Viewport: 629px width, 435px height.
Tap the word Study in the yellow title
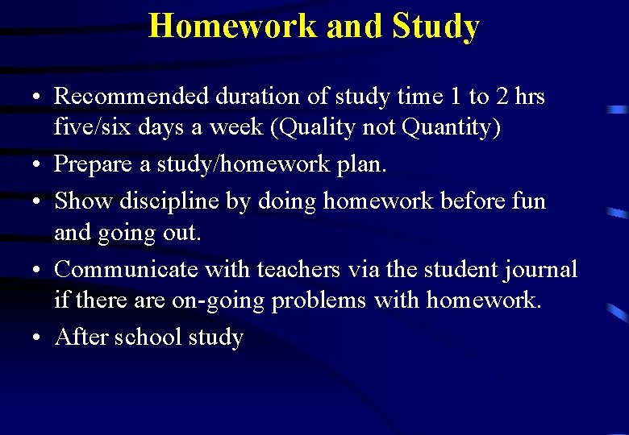[x=435, y=26]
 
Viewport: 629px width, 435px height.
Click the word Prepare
[x=92, y=164]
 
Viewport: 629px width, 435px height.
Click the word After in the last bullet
[x=81, y=337]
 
